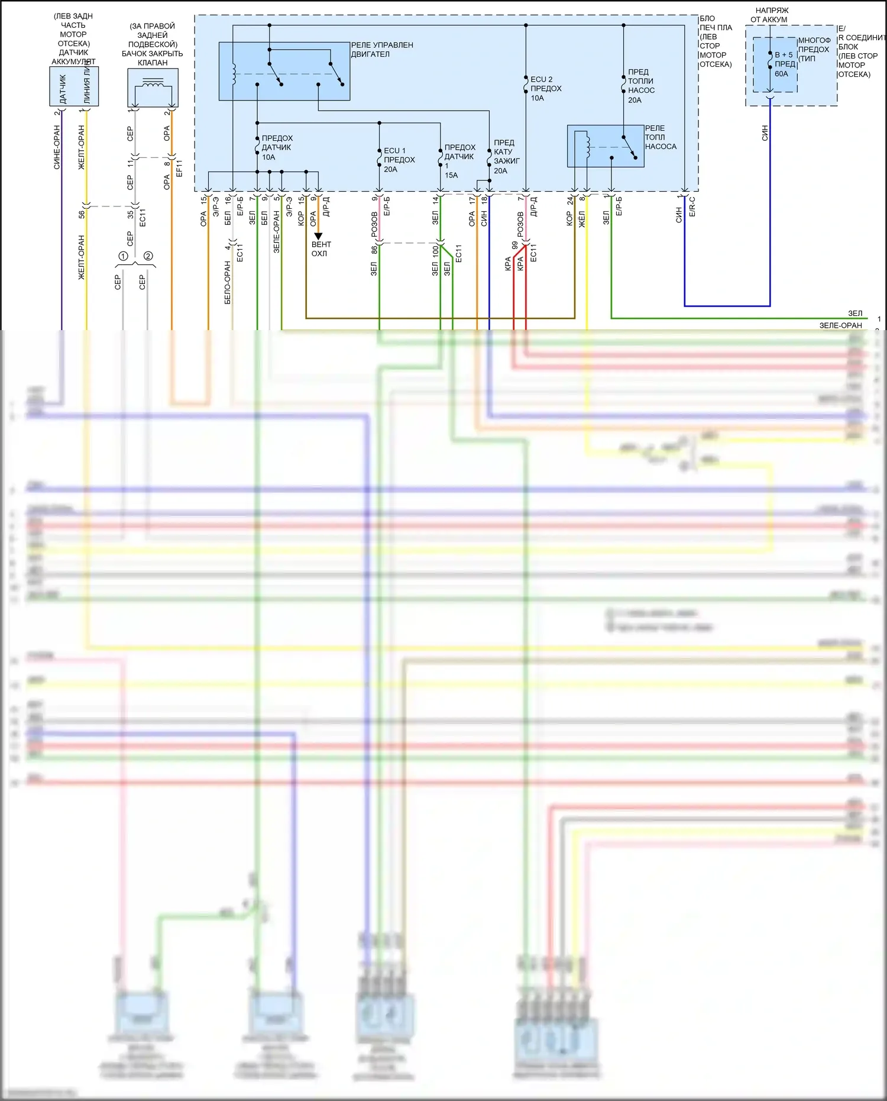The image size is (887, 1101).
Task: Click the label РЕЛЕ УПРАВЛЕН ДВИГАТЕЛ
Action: [x=381, y=50]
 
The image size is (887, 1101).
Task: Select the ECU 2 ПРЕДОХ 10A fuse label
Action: [x=545, y=89]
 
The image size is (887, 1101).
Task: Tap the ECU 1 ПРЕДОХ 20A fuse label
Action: [x=399, y=160]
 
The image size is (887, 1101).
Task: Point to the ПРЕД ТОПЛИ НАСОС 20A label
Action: [x=640, y=86]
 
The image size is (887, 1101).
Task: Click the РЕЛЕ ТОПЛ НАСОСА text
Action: [x=660, y=137]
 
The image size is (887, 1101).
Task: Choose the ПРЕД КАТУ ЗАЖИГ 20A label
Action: [x=506, y=157]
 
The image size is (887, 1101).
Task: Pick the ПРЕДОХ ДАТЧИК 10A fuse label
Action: [x=277, y=147]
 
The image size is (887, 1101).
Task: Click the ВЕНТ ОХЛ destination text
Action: [x=321, y=249]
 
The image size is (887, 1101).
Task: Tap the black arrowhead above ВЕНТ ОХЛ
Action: [x=318, y=236]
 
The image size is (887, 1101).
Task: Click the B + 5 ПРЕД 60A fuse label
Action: [x=784, y=64]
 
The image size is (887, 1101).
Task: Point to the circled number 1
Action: [x=123, y=256]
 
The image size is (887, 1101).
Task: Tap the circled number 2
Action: [x=148, y=256]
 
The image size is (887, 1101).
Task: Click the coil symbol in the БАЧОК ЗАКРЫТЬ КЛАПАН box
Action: [x=153, y=84]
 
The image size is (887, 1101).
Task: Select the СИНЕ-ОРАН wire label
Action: [x=57, y=147]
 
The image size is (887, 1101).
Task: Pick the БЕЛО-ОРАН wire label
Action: [x=228, y=283]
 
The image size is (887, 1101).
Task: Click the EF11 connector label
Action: [x=179, y=168]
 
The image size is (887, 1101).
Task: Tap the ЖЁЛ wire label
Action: [x=581, y=219]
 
